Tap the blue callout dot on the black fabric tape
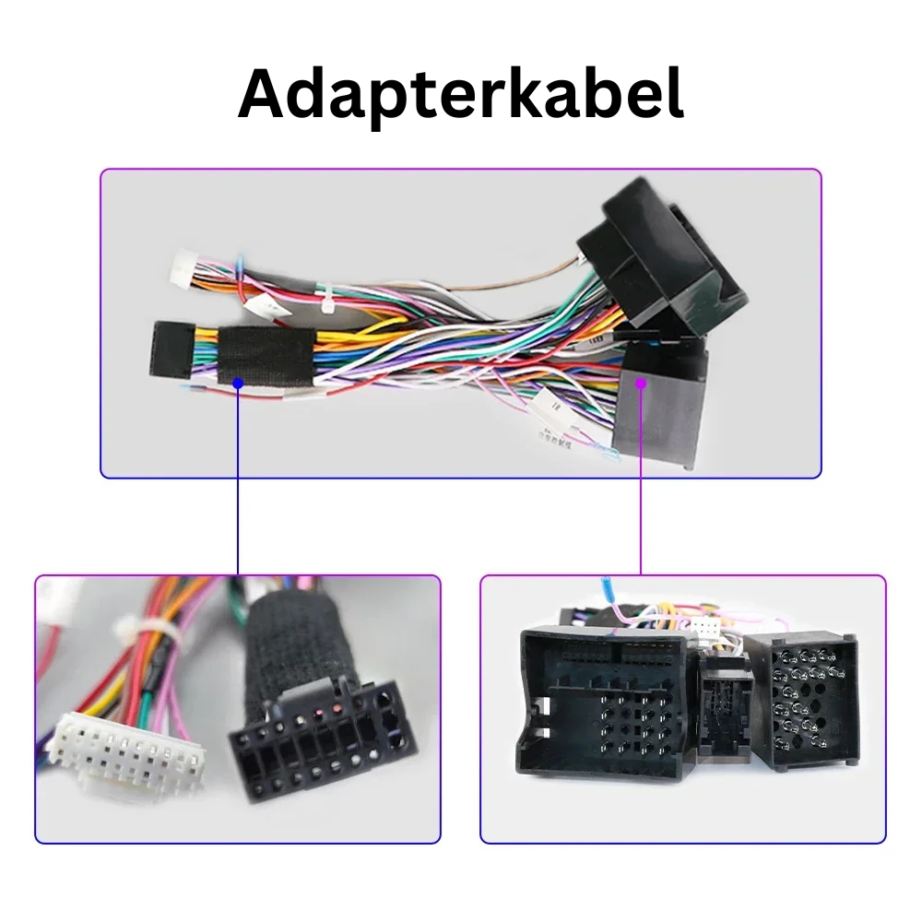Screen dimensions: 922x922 [238, 381]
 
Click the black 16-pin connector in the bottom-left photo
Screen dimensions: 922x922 [318, 747]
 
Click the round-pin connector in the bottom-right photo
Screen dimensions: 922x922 [802, 701]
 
